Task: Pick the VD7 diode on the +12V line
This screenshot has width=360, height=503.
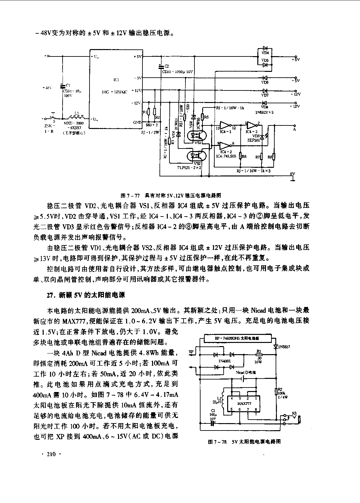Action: pos(265,91)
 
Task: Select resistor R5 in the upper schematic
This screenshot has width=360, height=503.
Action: pos(202,117)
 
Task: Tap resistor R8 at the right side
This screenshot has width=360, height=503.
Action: pos(274,157)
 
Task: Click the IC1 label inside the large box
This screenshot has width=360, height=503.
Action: pos(116,80)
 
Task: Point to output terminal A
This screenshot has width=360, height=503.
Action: pos(294,129)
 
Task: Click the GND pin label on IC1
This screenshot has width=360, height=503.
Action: pos(137,122)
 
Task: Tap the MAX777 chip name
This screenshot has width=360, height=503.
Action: pos(244,404)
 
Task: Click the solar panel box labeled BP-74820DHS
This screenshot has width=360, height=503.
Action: pos(237,338)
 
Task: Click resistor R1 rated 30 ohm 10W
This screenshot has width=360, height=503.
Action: pos(258,355)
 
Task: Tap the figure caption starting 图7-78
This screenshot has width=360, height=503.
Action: pos(244,442)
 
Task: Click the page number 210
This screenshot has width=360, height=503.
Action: pos(51,454)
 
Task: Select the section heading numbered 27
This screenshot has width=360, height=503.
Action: pos(86,295)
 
